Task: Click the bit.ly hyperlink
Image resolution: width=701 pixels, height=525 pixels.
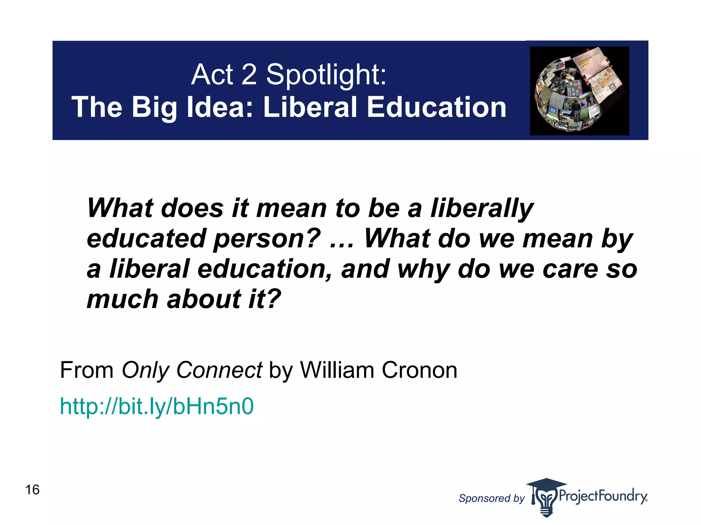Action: tap(157, 407)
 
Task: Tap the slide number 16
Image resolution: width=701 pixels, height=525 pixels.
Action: tap(33, 490)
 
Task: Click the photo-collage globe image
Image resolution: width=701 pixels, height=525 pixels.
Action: tap(579, 91)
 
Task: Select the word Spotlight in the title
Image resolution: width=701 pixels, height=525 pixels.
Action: tap(326, 75)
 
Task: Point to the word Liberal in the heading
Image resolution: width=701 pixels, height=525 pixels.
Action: tap(310, 107)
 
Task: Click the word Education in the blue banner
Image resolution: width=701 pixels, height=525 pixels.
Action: tap(436, 107)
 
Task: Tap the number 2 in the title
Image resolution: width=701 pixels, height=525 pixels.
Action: tap(249, 75)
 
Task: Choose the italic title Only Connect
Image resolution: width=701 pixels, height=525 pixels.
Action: tap(192, 370)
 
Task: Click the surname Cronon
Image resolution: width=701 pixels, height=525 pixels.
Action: tap(419, 370)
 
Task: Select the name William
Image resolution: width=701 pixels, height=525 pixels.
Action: tap(337, 370)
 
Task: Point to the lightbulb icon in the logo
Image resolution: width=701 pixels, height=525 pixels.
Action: tap(546, 499)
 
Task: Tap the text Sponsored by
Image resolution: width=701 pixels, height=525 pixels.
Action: tap(492, 498)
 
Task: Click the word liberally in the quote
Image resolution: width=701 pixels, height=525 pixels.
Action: tap(482, 209)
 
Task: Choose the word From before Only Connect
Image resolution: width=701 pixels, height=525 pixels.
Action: tap(87, 370)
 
